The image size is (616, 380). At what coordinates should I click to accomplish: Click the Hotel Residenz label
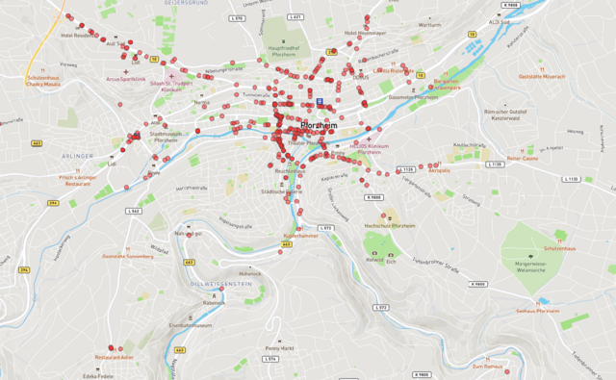[x=78, y=36]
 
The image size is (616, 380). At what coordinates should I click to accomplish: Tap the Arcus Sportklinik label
[x=125, y=79]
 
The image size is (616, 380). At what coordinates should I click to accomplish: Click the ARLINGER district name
[x=76, y=155]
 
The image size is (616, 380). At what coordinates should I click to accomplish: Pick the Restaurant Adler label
[x=114, y=357]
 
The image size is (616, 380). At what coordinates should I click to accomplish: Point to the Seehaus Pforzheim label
[x=537, y=311]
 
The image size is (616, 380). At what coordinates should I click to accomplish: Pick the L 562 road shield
[x=134, y=211]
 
